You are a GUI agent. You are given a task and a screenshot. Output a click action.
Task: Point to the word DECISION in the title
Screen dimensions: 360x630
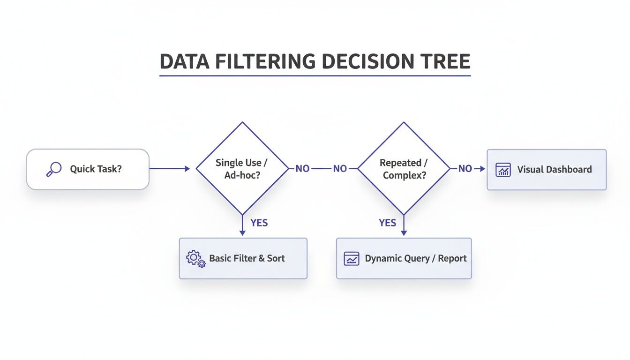point(365,62)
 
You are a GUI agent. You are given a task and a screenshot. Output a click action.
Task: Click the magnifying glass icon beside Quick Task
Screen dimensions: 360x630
point(54,169)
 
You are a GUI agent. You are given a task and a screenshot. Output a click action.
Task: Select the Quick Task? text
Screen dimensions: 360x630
point(96,169)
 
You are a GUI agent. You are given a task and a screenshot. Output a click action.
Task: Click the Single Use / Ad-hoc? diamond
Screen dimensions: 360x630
point(242,169)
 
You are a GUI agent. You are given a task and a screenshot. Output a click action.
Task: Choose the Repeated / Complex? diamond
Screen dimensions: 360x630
point(404,169)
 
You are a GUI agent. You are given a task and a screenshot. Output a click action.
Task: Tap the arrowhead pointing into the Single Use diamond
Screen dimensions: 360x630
point(187,169)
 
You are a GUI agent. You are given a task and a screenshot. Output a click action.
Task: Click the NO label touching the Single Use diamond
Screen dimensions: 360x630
point(302,169)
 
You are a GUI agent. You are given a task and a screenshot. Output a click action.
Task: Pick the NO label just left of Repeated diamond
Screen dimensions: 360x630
point(340,169)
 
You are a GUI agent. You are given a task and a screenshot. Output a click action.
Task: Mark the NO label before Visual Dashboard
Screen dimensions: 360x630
point(465,169)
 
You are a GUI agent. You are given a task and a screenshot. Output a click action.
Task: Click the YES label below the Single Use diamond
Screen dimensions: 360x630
point(259,223)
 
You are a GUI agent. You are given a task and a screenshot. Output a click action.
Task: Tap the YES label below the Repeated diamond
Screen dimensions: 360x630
point(387,223)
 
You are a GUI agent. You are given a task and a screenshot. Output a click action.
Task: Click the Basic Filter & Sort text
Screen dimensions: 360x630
point(247,258)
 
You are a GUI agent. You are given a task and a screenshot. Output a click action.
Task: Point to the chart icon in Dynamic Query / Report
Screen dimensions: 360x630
point(352,258)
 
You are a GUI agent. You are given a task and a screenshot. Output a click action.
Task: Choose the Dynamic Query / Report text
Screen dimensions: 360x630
point(416,258)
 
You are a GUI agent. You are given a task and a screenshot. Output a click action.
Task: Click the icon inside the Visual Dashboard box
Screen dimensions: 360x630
point(503,170)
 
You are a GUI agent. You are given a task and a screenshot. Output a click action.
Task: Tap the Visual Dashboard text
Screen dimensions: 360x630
point(555,170)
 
